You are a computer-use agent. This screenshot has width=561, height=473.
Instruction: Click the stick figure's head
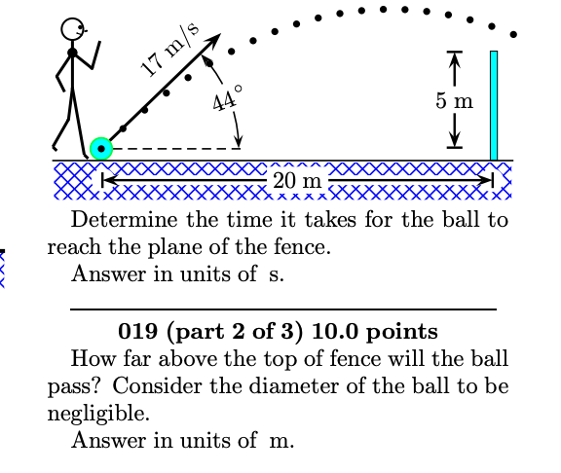(73, 29)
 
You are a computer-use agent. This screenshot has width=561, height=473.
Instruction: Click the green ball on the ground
(100, 149)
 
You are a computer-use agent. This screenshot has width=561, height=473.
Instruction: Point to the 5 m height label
(455, 101)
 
